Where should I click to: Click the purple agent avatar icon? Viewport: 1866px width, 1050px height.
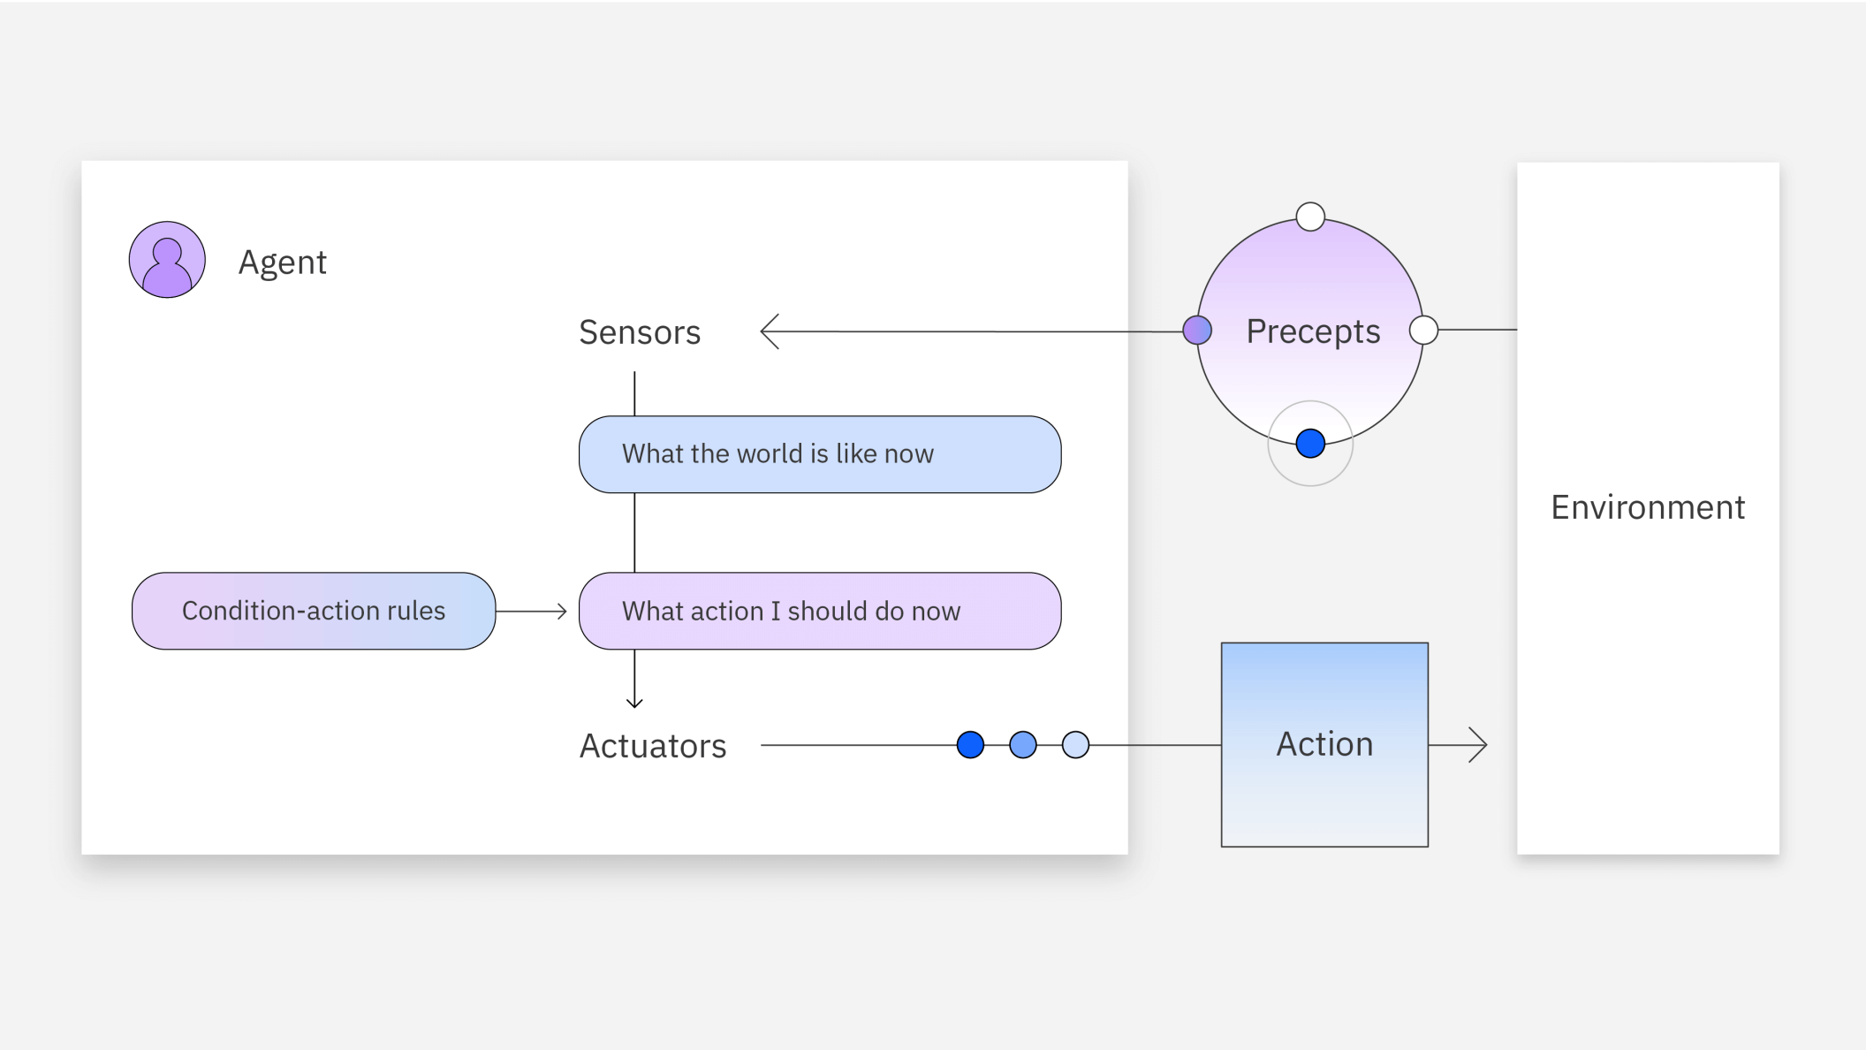click(x=167, y=260)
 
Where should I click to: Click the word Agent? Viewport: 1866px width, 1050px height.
click(x=283, y=262)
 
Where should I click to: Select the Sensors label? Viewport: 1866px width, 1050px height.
click(x=640, y=332)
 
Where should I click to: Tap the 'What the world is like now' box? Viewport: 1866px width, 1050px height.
click(x=819, y=454)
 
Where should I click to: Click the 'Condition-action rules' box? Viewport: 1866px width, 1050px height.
click(x=314, y=611)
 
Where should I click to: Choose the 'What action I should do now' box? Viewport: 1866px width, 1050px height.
click(x=819, y=611)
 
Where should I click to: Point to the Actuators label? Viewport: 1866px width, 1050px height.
click(x=653, y=746)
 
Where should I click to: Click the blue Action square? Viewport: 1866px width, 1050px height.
click(x=1324, y=744)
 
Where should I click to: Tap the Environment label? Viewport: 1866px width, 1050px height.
click(x=1648, y=507)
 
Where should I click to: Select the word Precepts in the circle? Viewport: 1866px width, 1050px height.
click(x=1313, y=331)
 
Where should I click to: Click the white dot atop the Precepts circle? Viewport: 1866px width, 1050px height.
click(x=1310, y=217)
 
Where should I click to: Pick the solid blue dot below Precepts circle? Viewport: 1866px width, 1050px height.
click(x=1310, y=443)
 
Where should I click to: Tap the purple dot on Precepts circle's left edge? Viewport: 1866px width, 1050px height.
click(x=1197, y=331)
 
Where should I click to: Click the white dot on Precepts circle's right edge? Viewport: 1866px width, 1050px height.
click(x=1423, y=331)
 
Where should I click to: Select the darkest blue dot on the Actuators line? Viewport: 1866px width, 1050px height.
click(x=970, y=745)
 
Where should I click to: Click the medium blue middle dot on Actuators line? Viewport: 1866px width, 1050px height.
click(x=1023, y=745)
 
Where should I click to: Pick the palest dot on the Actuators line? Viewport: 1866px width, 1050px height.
click(x=1075, y=745)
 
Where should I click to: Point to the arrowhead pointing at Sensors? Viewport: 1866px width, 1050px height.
click(x=767, y=331)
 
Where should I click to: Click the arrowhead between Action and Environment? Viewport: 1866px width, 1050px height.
click(x=1481, y=745)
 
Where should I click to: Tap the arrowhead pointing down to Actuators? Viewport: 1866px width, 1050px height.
click(x=634, y=703)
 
